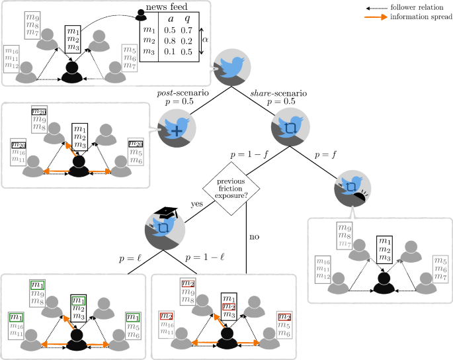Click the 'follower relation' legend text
[x=417, y=7]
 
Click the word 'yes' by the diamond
[x=197, y=204]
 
